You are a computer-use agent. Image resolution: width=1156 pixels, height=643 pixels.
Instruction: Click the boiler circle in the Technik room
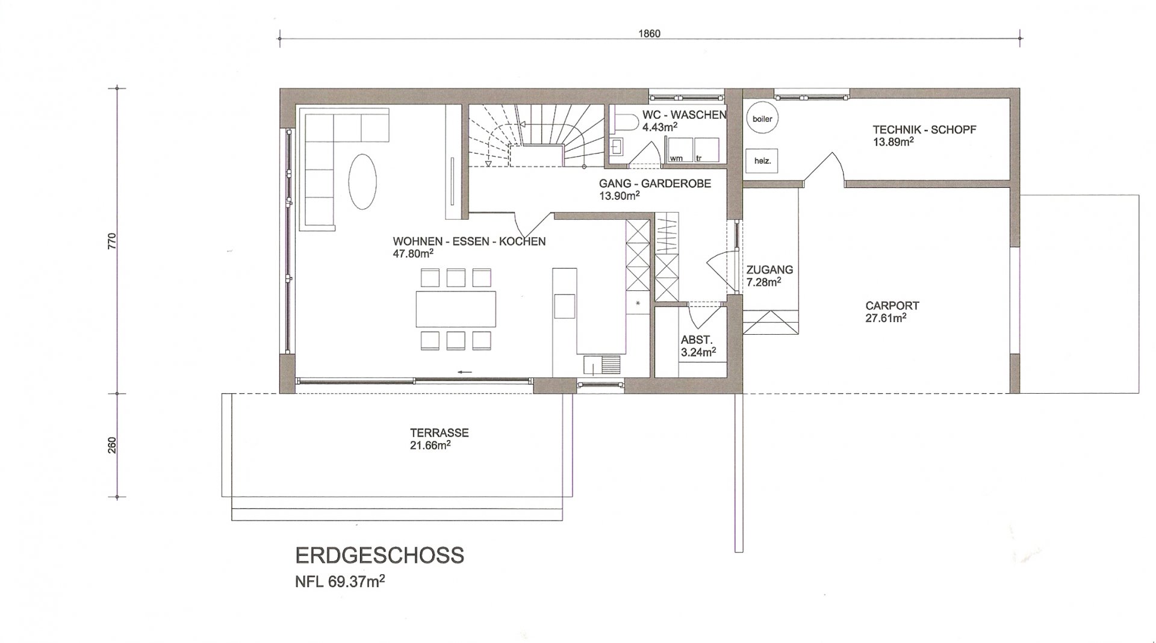[x=762, y=119]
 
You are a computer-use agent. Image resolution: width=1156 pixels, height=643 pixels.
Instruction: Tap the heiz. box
[x=762, y=161]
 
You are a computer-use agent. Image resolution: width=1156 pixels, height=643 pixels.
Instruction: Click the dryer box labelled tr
[x=707, y=149]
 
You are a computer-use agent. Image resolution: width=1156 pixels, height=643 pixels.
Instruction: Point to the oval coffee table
[x=363, y=181]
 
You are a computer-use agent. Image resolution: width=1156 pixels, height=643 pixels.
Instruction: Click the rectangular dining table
[x=456, y=309]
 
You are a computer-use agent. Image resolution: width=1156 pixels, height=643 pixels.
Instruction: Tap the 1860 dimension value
[x=649, y=34]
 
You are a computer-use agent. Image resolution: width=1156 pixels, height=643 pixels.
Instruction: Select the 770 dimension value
[x=112, y=241]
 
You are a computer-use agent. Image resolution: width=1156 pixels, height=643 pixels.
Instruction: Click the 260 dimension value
[x=112, y=446]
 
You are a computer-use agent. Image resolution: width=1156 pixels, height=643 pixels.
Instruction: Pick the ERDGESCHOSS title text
[x=380, y=555]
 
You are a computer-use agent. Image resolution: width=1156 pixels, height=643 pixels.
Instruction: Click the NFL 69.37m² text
[x=340, y=582]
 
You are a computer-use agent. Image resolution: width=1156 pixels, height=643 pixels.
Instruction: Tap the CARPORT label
[x=892, y=306]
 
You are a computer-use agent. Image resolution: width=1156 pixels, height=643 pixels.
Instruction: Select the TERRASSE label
[x=440, y=433]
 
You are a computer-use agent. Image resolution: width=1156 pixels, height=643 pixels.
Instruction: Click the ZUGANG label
[x=769, y=270]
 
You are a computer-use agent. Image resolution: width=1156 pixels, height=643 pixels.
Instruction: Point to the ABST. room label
[x=697, y=340]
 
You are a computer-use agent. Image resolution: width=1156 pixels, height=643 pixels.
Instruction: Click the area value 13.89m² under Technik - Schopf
[x=893, y=142]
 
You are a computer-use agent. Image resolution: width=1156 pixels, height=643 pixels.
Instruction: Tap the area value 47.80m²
[x=413, y=253]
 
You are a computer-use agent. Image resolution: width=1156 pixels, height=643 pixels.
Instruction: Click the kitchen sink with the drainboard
[x=602, y=365]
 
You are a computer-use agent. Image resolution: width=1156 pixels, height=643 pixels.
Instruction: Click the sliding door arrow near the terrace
[x=464, y=372]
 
